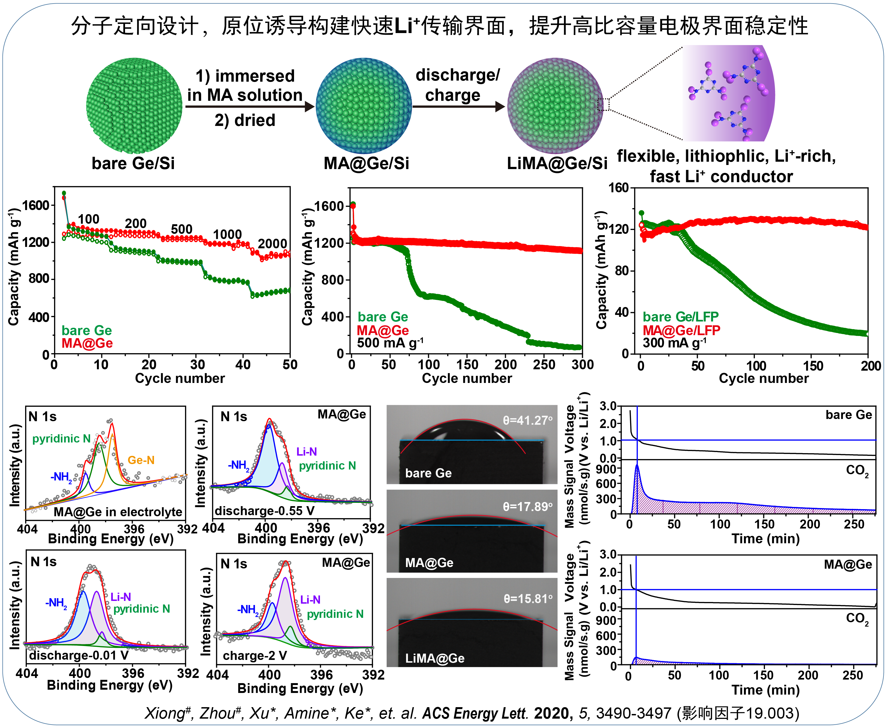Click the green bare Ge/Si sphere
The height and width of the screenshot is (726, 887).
click(x=134, y=105)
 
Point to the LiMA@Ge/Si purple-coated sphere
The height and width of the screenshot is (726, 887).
click(x=555, y=105)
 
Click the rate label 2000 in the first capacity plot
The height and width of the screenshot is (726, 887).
click(x=272, y=243)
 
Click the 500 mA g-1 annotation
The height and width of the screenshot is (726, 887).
click(x=390, y=343)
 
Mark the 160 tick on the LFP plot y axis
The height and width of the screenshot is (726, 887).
click(x=619, y=188)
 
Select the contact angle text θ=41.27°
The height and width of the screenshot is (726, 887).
click(x=527, y=420)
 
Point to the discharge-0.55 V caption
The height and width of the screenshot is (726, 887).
click(x=264, y=510)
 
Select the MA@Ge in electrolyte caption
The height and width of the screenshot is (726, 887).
click(x=118, y=512)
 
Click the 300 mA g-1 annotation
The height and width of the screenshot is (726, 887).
click(x=674, y=343)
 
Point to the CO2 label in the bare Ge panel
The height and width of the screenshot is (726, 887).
click(x=857, y=470)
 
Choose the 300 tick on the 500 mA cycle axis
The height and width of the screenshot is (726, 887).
click(x=582, y=365)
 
